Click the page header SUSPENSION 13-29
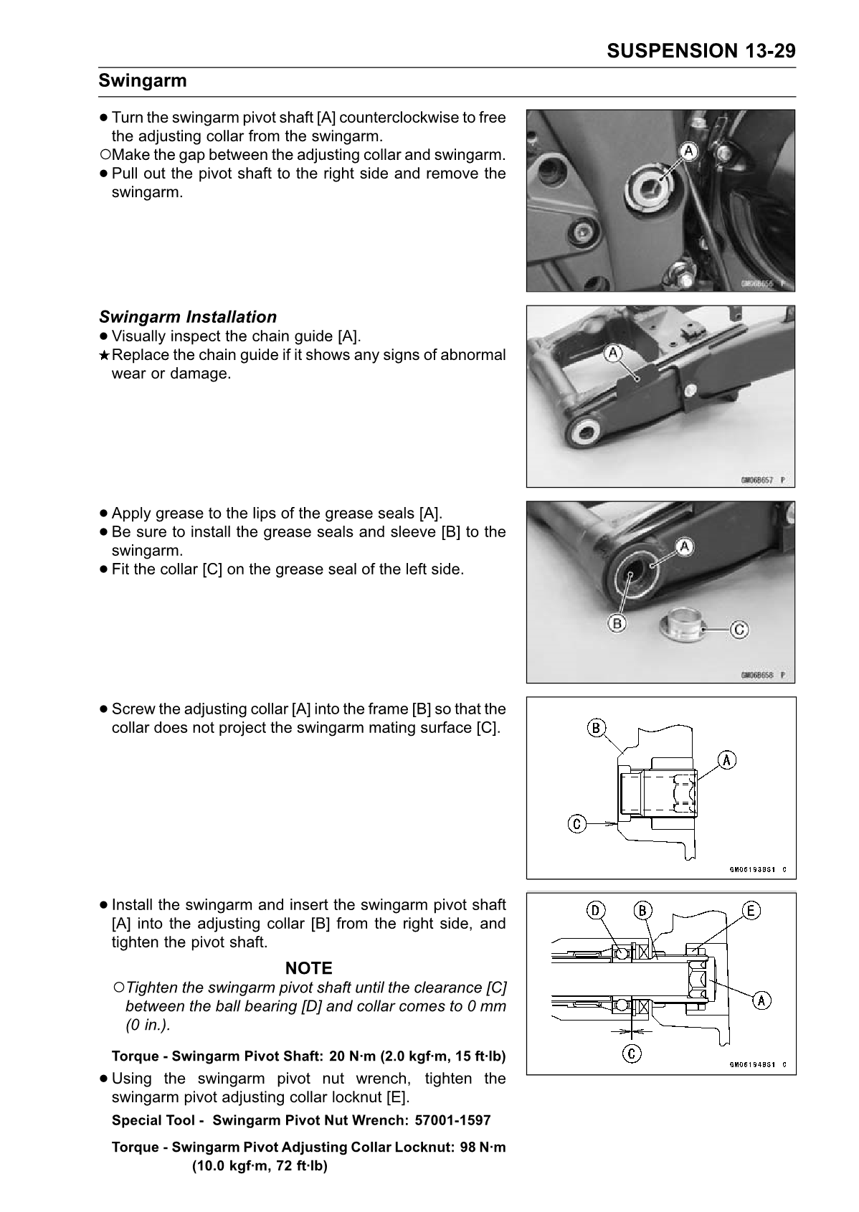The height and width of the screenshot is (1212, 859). (701, 51)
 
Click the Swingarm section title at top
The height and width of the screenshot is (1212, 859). (143, 80)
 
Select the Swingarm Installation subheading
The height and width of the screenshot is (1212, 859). (187, 317)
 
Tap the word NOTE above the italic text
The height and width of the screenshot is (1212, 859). (308, 968)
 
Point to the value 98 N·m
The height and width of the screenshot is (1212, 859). (483, 1147)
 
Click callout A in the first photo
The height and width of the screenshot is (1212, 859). (688, 151)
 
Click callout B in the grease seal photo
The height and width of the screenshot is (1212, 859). (616, 623)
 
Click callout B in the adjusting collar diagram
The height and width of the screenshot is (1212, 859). (596, 728)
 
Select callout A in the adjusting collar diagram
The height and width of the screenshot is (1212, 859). (727, 759)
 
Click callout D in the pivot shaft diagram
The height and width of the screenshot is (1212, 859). (595, 911)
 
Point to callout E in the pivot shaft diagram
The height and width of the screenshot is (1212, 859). (751, 911)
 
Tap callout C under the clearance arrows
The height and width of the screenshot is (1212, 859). (632, 1054)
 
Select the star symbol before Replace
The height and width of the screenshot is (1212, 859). (104, 356)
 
